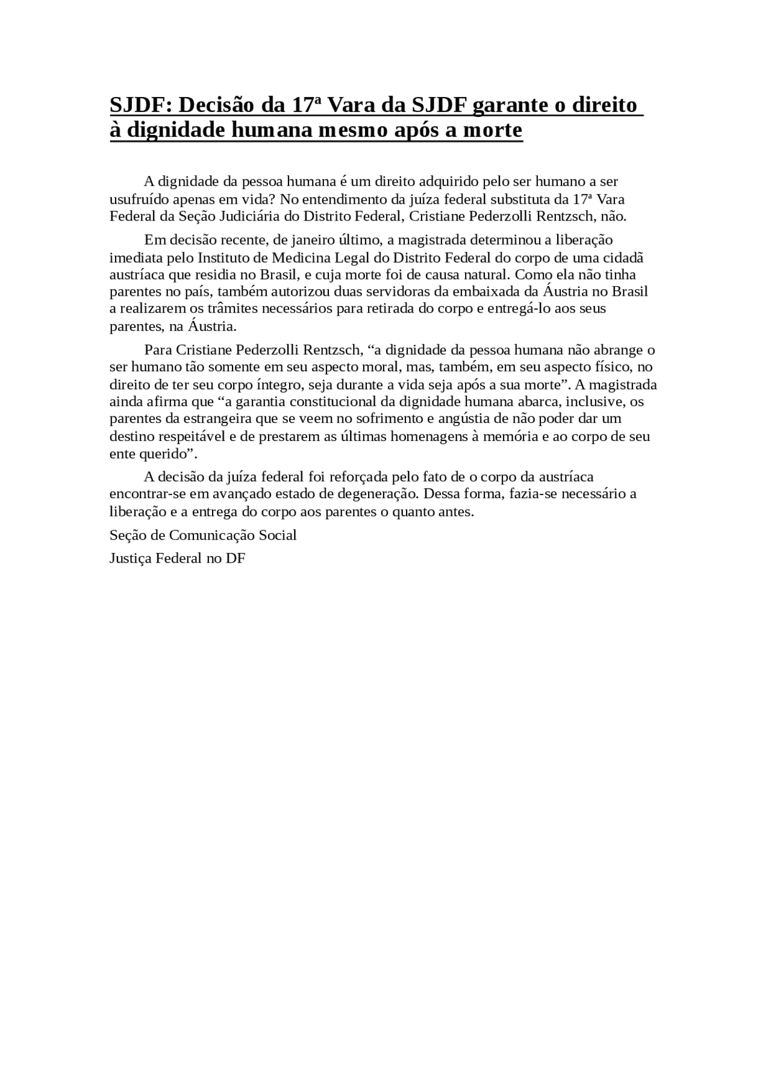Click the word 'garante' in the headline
coord(508,105)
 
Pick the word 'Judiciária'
coord(267,216)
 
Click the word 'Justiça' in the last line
coord(130,558)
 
